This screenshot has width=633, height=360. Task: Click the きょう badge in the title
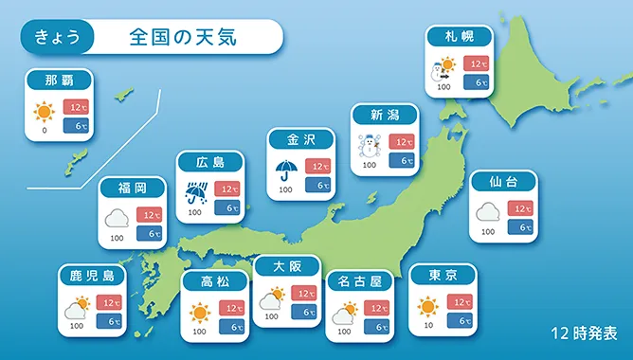(x=57, y=37)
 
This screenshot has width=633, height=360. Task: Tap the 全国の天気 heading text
(x=183, y=37)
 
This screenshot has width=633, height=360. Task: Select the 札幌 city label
(x=460, y=37)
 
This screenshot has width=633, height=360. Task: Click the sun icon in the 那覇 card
(x=44, y=112)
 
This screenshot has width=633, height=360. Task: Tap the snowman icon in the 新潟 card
(x=370, y=146)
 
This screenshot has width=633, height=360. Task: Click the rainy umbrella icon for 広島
(x=196, y=193)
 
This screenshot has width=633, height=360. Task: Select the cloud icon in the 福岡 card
(x=117, y=219)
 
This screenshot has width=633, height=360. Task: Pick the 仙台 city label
(x=503, y=182)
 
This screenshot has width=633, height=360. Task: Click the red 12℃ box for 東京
(x=460, y=302)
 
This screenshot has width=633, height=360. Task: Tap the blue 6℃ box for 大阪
(x=304, y=312)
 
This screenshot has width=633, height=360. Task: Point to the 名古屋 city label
(x=360, y=281)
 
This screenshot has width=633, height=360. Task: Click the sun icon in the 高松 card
(x=200, y=314)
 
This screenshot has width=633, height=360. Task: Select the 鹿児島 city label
(x=92, y=276)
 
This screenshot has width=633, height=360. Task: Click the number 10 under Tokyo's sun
(x=428, y=325)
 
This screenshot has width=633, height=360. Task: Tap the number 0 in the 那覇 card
(x=45, y=131)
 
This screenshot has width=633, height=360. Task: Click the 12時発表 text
(x=584, y=333)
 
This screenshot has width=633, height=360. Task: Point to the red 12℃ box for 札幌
(x=476, y=63)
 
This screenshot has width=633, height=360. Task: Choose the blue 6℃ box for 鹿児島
(x=109, y=322)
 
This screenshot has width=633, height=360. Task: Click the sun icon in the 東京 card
(x=428, y=307)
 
